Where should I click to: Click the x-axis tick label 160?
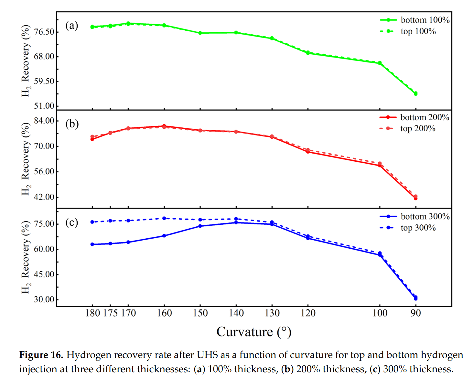click(164, 313)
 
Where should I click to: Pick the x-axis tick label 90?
click(416, 313)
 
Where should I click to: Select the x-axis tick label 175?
click(110, 313)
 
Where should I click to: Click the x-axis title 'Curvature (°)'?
click(254, 332)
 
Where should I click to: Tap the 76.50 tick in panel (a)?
click(44, 32)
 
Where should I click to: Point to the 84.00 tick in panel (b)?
click(44, 121)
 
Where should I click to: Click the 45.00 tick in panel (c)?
click(44, 274)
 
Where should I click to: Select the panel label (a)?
click(72, 25)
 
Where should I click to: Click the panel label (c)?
click(72, 222)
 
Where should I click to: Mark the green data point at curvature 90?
click(416, 94)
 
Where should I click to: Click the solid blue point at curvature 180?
click(92, 244)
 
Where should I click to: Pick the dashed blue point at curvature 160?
click(164, 219)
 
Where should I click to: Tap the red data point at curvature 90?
click(416, 198)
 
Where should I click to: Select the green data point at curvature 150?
click(200, 33)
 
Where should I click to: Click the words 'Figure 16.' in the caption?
click(41, 355)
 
